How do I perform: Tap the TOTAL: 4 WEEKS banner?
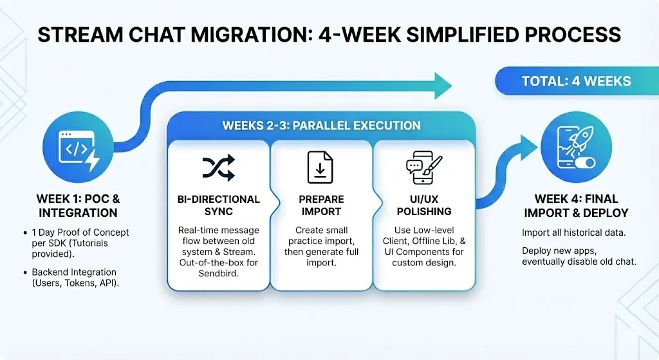point(576,81)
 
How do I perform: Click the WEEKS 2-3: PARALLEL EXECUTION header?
point(321,125)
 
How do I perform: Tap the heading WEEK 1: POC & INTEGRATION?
point(78,205)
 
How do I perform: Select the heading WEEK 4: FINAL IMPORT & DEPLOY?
point(576,205)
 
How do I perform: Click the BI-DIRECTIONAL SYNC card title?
point(219,205)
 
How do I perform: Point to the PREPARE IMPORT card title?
point(321,205)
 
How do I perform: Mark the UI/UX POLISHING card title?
point(423,205)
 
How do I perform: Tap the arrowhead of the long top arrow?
point(443,86)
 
